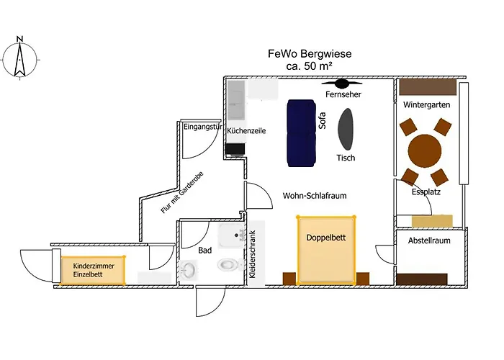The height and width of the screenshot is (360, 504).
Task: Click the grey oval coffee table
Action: pyautogui.click(x=347, y=127)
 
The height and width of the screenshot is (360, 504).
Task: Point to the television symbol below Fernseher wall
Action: pyautogui.click(x=341, y=84)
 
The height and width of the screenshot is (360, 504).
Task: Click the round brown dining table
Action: pyautogui.click(x=424, y=151)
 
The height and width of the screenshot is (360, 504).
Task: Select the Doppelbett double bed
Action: pyautogui.click(x=327, y=249)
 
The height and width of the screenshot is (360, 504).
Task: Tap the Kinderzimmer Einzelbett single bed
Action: pyautogui.click(x=93, y=270)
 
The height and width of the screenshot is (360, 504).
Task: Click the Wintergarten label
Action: pyautogui.click(x=427, y=105)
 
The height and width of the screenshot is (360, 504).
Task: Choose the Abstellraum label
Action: pyautogui.click(x=429, y=240)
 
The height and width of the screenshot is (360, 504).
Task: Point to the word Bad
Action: pyautogui.click(x=205, y=251)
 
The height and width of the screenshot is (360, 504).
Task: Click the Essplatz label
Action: pyautogui.click(x=426, y=192)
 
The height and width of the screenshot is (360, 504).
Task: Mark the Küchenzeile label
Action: pyautogui.click(x=247, y=132)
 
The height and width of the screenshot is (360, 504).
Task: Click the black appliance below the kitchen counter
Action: pyautogui.click(x=233, y=149)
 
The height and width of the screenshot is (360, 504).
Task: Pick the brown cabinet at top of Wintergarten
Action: pyautogui.click(x=428, y=87)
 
